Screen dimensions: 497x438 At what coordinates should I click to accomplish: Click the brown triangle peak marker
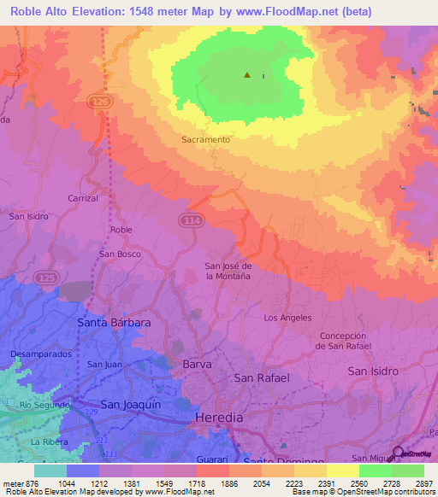pos(247,75)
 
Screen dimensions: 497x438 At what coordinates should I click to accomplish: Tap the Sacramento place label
pos(205,139)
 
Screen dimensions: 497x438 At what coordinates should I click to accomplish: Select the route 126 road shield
pos(99,102)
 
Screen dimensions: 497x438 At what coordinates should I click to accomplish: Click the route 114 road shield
pos(191,220)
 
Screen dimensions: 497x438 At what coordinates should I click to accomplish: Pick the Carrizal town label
pos(83,197)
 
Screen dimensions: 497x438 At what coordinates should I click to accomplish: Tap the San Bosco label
pos(120,254)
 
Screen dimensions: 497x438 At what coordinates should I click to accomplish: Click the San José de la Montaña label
pos(228,271)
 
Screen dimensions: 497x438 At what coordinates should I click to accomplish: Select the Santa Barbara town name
pos(114,324)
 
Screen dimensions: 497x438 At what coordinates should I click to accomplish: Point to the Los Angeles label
pos(287,318)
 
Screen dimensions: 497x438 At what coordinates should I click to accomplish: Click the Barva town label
pos(197,364)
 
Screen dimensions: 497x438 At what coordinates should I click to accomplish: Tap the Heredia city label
pos(220,418)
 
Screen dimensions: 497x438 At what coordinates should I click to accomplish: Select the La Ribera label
pos(48,442)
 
